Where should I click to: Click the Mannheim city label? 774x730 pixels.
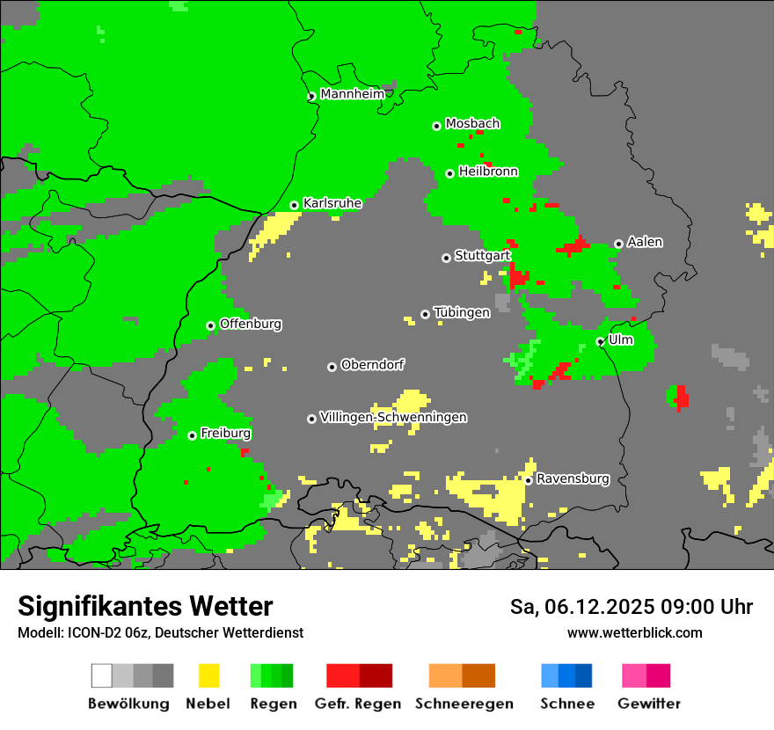pyautogui.click(x=352, y=94)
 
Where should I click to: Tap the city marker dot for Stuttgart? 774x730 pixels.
pyautogui.click(x=447, y=258)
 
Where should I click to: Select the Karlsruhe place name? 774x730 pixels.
pyautogui.click(x=332, y=203)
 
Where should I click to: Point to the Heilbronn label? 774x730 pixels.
pyautogui.click(x=488, y=172)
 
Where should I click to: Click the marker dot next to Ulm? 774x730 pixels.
pyautogui.click(x=600, y=342)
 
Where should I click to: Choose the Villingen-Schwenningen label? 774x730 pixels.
pyautogui.click(x=393, y=417)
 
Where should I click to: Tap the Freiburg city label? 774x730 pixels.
pyautogui.click(x=225, y=434)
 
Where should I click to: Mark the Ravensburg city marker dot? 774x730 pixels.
pyautogui.click(x=528, y=480)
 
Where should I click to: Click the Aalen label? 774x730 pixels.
pyautogui.click(x=645, y=242)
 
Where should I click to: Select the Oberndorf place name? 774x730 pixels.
pyautogui.click(x=373, y=365)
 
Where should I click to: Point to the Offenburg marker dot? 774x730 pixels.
pyautogui.click(x=211, y=325)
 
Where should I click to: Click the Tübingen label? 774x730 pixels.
pyautogui.click(x=462, y=313)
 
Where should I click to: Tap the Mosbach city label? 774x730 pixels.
pyautogui.click(x=472, y=124)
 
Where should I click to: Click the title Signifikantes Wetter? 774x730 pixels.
pyautogui.click(x=145, y=607)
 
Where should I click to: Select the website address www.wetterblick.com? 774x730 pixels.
pyautogui.click(x=634, y=632)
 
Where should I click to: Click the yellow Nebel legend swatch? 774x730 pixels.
pyautogui.click(x=208, y=675)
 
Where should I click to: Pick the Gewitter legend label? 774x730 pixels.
pyautogui.click(x=649, y=704)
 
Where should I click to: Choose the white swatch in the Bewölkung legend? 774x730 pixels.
pyautogui.click(x=102, y=675)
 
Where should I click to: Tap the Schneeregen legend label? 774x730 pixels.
pyautogui.click(x=464, y=704)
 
